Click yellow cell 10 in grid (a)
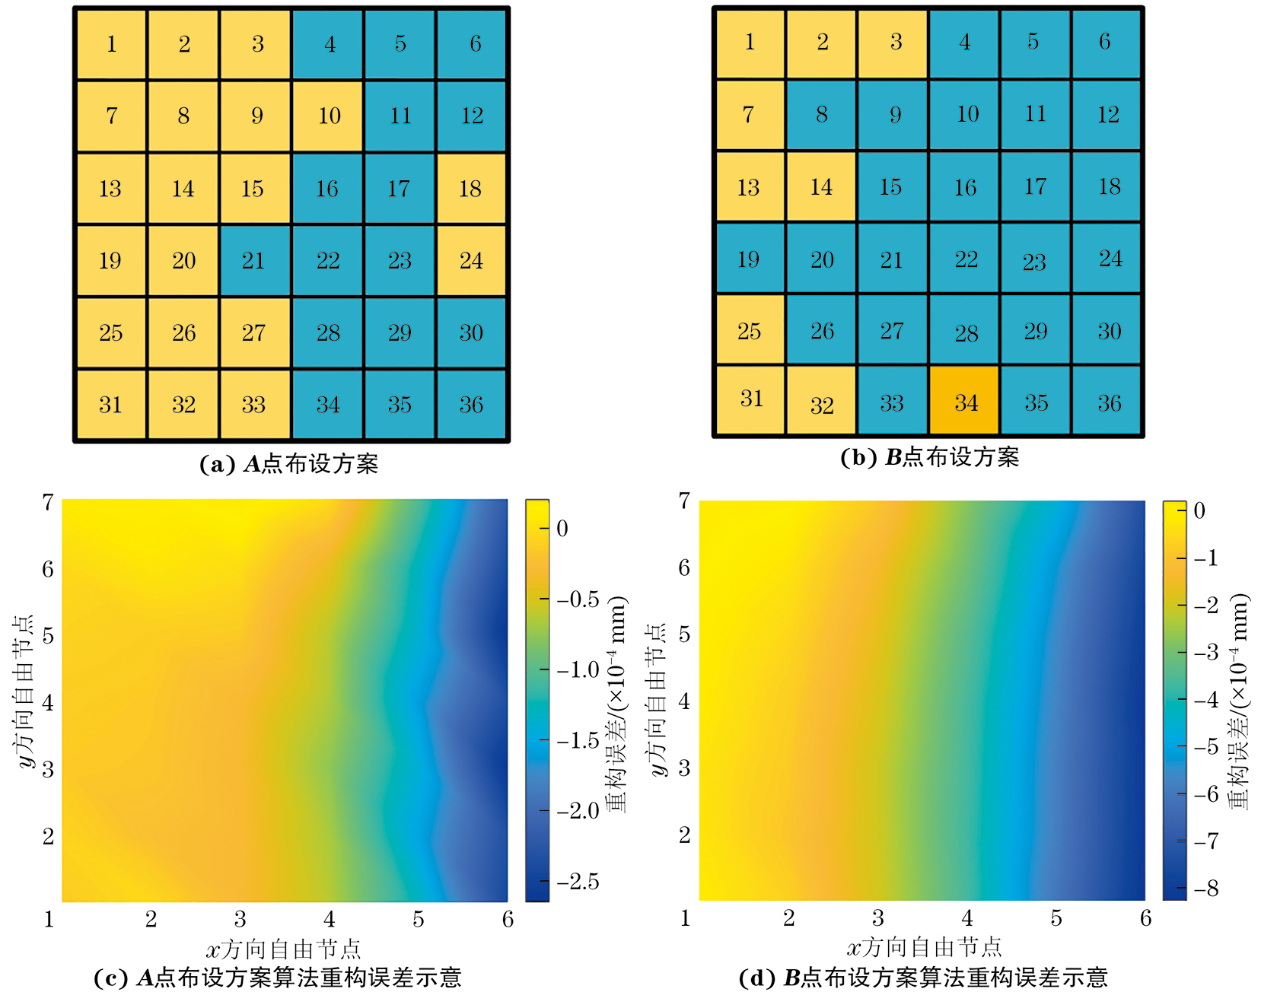click(329, 116)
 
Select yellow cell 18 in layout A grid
click(471, 189)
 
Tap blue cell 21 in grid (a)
click(254, 261)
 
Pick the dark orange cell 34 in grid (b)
click(965, 402)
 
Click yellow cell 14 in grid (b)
click(821, 187)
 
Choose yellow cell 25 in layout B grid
click(750, 331)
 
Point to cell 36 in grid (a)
click(471, 405)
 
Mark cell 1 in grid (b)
click(750, 43)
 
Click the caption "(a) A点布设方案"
click(289, 464)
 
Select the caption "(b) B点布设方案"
click(929, 457)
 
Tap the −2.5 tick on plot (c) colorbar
click(578, 881)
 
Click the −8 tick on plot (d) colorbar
click(1205, 888)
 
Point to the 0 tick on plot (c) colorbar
click(562, 528)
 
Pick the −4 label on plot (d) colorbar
click(1205, 699)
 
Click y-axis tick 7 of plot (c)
click(48, 502)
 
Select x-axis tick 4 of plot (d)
click(966, 918)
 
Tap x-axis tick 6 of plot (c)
click(508, 919)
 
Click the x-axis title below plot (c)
click(283, 949)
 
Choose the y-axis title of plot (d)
click(658, 700)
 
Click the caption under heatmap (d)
click(922, 978)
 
